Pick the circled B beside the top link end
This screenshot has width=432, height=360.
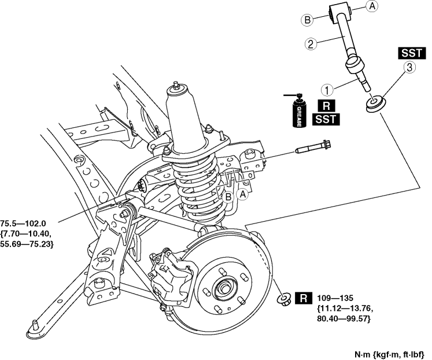click(308, 20)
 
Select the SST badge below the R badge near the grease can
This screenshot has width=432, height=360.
click(326, 120)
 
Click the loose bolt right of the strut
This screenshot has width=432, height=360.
click(312, 150)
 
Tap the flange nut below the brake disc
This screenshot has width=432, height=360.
click(284, 299)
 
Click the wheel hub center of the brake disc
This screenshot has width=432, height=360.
click(224, 285)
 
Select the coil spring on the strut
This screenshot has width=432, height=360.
click(199, 185)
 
